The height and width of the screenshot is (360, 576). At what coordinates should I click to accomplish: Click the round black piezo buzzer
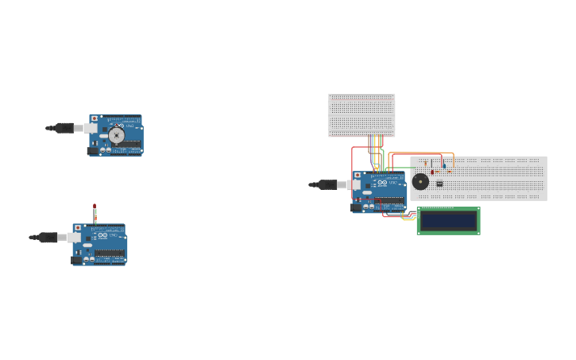click(x=420, y=182)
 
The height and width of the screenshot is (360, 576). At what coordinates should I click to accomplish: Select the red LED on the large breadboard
click(x=432, y=172)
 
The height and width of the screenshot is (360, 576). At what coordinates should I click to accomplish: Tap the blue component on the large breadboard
click(x=444, y=166)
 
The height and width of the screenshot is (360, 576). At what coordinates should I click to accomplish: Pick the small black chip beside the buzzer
click(x=439, y=184)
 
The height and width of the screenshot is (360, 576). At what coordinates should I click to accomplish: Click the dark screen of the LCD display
click(x=448, y=220)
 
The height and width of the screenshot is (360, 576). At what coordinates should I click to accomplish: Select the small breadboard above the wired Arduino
click(x=361, y=115)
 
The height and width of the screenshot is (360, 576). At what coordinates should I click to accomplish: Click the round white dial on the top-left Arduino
click(x=117, y=135)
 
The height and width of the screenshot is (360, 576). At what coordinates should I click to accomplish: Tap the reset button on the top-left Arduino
click(x=95, y=119)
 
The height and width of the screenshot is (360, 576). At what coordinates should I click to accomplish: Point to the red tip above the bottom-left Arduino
click(x=95, y=207)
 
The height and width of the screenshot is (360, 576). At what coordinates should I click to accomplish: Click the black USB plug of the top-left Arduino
click(x=64, y=128)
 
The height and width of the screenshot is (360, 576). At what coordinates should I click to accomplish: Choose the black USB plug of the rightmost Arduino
click(x=327, y=184)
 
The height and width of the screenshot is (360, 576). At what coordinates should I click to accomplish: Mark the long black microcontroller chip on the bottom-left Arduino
click(x=109, y=254)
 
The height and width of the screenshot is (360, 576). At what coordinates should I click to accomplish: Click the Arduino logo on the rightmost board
click(x=382, y=183)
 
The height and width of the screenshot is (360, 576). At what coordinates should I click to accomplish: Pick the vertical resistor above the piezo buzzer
click(x=425, y=165)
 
